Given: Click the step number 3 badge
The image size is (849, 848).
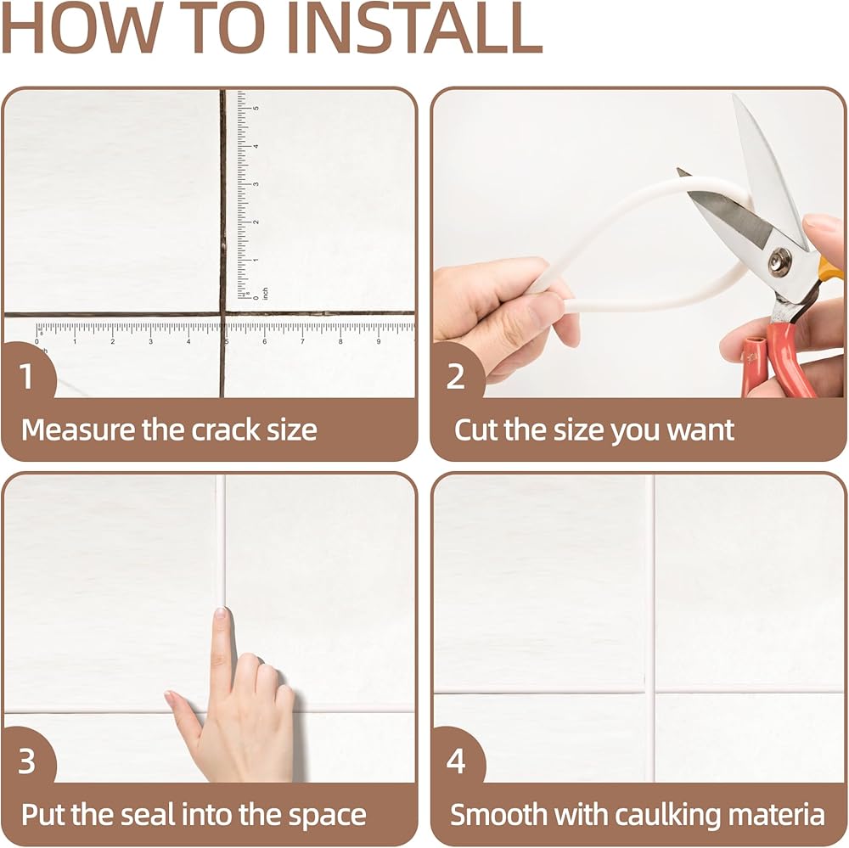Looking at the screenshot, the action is [x=26, y=761].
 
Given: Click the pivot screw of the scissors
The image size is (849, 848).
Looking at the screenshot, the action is [x=780, y=261].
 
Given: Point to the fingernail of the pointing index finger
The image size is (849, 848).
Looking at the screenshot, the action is [x=221, y=614].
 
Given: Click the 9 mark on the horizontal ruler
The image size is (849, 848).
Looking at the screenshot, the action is [x=378, y=342].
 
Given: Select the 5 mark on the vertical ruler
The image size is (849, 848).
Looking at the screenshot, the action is [x=256, y=109].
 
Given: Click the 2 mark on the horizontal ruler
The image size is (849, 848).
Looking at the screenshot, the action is [x=113, y=342].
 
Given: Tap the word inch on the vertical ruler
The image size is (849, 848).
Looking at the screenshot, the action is [x=265, y=294].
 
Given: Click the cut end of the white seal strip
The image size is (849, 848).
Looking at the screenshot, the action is [x=568, y=307].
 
